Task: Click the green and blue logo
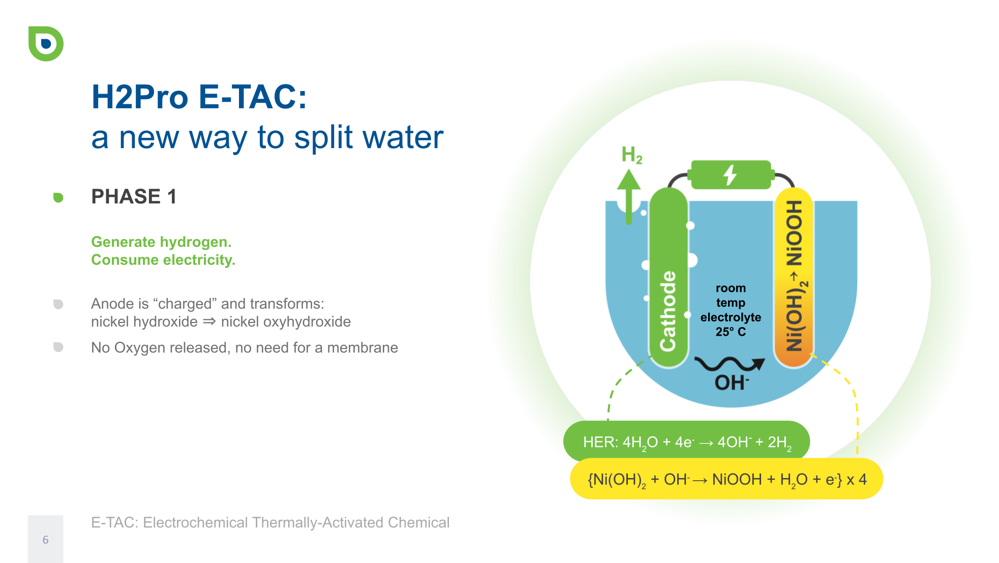[x=46, y=44]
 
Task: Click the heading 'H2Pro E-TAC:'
[x=199, y=97]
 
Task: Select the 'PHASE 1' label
[x=134, y=196]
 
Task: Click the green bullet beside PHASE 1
[x=58, y=197]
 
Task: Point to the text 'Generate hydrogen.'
[x=161, y=242]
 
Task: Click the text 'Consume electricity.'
[x=163, y=259]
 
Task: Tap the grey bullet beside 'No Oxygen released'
[x=58, y=347]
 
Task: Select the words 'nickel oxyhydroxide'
[x=286, y=321]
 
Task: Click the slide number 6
[x=45, y=540]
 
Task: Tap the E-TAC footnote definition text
[x=270, y=522]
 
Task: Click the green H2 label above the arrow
[x=632, y=155]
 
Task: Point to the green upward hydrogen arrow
[x=629, y=196]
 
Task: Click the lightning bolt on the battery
[x=731, y=175]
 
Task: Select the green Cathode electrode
[x=669, y=278]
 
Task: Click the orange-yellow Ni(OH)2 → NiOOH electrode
[x=793, y=278]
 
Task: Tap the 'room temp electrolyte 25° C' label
[x=731, y=310]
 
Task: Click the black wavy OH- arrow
[x=730, y=364]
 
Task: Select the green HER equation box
[x=686, y=441]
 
